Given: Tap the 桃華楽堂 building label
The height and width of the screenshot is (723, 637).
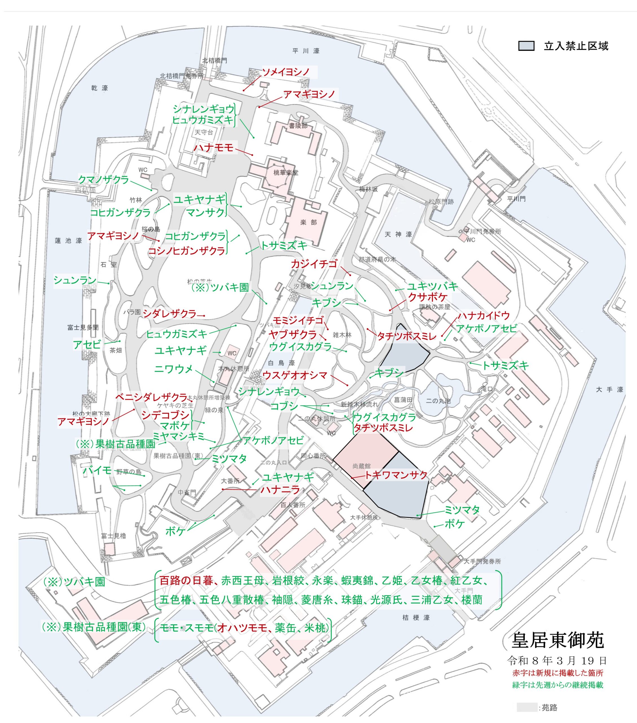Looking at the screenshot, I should (x=285, y=173).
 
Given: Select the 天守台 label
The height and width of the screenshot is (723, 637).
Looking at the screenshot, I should (x=204, y=132).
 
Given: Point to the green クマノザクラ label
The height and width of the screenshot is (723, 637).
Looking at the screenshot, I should (x=103, y=180).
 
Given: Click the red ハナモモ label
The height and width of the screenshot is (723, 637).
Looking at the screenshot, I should (x=214, y=147).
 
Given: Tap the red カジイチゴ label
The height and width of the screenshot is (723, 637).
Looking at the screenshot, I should (x=314, y=263).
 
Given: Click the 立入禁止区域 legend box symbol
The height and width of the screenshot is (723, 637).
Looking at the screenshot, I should (x=526, y=46).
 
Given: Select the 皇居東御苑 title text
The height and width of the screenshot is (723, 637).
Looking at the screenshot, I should (x=557, y=639).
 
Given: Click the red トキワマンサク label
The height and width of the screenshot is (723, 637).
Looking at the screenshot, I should (x=396, y=475).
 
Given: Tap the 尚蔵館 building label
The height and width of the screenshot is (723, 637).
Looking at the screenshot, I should (x=361, y=466).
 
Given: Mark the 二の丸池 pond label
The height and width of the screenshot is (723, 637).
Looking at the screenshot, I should (x=438, y=401).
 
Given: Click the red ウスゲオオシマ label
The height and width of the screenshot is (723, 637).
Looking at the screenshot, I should (x=295, y=375).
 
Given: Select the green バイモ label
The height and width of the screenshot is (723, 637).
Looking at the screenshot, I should (x=97, y=471).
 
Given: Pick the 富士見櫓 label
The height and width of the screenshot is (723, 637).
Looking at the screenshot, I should (x=113, y=536).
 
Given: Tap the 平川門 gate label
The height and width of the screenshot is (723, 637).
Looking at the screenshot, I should (x=516, y=199).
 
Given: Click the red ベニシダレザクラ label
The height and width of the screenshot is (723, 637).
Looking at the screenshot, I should (x=151, y=397).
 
